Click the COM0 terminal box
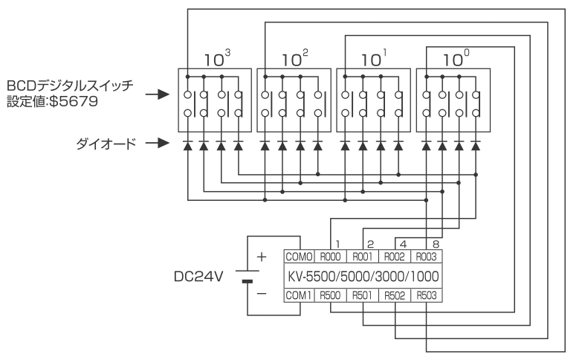point(299,257)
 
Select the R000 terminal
point(330,257)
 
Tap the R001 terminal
point(362,257)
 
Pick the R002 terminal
point(395,257)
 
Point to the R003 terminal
point(426,257)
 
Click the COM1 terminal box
point(299,295)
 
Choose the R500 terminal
point(330,295)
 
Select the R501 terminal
point(362,295)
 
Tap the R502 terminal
point(395,295)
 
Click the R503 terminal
point(426,295)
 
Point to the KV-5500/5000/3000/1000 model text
point(363,277)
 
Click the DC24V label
point(198,277)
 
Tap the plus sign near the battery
point(262,257)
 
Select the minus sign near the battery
point(262,294)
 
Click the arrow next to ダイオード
point(158,143)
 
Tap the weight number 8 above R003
point(436,244)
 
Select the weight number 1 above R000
point(337,244)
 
